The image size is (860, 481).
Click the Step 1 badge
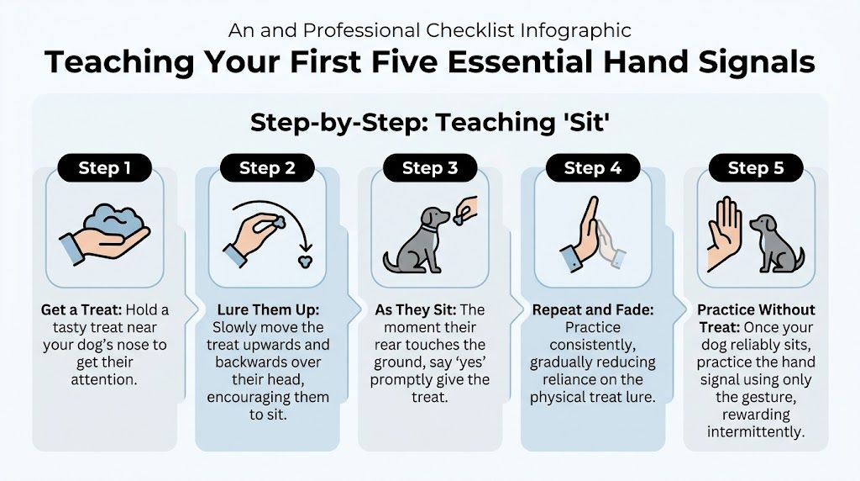coord(104,167)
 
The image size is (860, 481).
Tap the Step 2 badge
coord(267,167)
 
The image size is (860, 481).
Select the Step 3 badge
coord(430,167)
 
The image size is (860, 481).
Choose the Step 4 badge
coord(593,167)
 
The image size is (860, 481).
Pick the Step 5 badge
coord(756,167)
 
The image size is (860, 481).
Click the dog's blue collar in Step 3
coord(429,228)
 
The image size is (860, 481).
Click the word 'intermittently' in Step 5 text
coord(756,431)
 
